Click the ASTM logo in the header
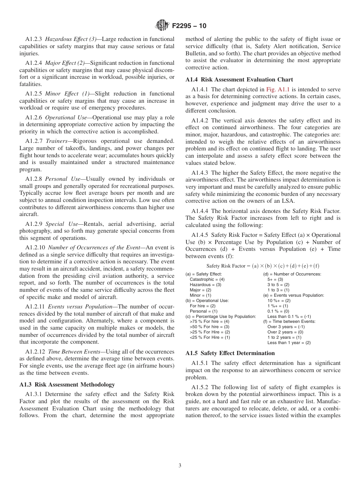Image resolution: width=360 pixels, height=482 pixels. point(162,26)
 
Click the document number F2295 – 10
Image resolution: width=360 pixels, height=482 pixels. point(189,26)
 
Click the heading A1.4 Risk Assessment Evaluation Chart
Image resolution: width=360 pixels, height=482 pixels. point(239,80)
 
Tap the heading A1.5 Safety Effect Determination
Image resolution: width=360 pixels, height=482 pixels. point(230,353)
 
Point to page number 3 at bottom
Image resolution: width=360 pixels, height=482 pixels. point(180,466)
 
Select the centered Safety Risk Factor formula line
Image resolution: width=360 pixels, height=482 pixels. point(263,266)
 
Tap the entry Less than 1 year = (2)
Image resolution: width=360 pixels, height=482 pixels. point(289,343)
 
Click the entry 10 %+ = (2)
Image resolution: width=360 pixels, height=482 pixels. point(279,290)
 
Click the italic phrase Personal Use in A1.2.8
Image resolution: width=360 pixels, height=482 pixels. point(63,179)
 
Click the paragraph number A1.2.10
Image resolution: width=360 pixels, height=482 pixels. point(36,247)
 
